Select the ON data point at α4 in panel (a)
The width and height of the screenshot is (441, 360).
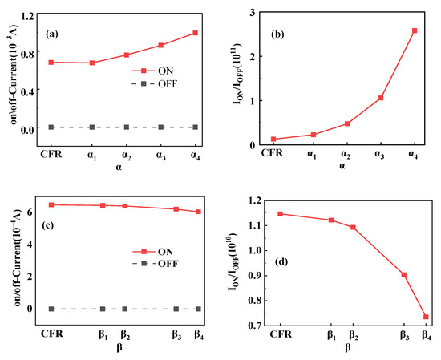[195, 33]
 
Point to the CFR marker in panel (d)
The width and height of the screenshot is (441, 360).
[280, 213]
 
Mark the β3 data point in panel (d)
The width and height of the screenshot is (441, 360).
[404, 274]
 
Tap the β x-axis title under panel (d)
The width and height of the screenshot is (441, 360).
[347, 349]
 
